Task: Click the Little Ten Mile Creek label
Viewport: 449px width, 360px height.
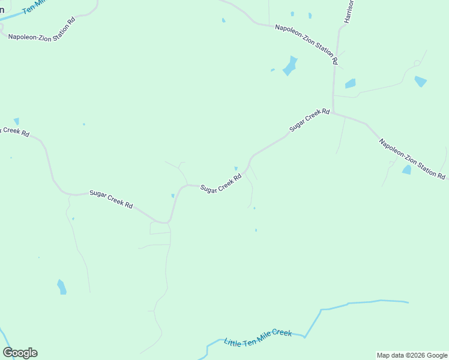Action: tap(258, 338)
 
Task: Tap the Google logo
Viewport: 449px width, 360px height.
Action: tap(20, 353)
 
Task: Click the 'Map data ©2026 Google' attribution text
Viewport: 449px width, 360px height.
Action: tap(412, 355)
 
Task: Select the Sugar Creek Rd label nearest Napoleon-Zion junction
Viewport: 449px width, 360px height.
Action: tap(309, 120)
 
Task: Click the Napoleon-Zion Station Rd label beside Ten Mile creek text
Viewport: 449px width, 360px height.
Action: tap(41, 29)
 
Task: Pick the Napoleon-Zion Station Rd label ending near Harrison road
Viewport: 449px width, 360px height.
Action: tap(307, 44)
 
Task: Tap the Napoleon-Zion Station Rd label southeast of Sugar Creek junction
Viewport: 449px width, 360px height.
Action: tap(412, 159)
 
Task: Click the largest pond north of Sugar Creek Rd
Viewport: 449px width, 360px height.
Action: tap(290, 65)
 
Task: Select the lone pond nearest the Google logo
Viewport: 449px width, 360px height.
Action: tap(61, 287)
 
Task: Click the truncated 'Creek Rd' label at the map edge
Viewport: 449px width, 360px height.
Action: tap(14, 131)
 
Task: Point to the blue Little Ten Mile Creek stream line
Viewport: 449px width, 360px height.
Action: tap(360, 302)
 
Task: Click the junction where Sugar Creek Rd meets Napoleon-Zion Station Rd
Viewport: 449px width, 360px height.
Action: tap(333, 112)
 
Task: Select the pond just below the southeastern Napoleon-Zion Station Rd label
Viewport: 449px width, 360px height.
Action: tap(407, 170)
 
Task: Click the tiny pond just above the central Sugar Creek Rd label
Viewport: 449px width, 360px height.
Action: tap(236, 169)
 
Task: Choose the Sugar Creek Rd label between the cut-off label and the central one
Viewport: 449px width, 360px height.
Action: tap(111, 199)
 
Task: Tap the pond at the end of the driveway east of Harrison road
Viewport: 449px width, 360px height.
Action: tap(420, 81)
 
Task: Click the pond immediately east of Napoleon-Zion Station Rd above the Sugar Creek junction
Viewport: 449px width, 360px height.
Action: tap(350, 83)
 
